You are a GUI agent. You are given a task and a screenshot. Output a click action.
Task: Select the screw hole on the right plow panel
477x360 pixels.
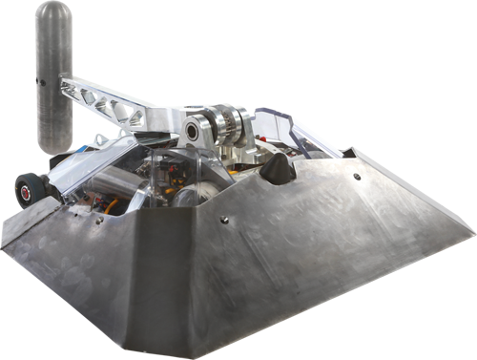tap(357, 177)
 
